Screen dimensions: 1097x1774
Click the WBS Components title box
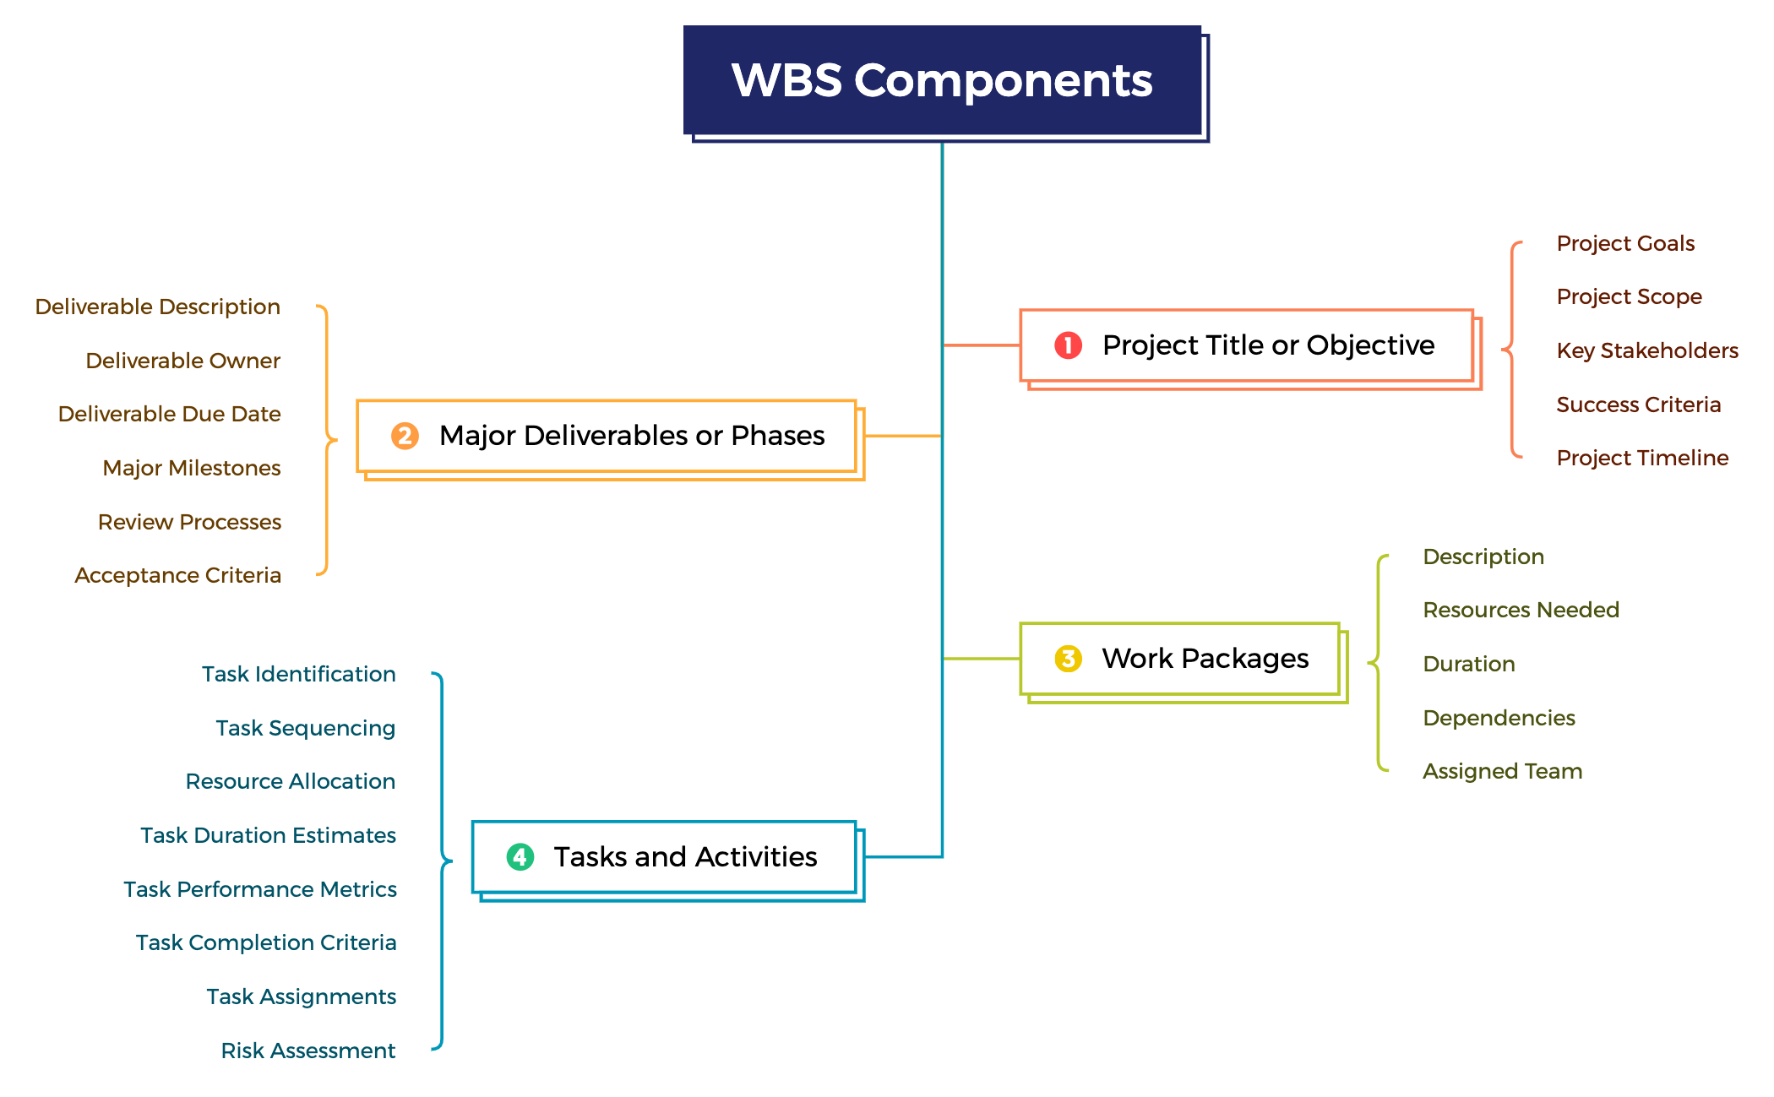pos(942,80)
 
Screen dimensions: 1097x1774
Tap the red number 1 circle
pos(1068,345)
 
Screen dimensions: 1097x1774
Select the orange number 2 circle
pos(405,436)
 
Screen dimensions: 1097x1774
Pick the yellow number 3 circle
pos(1068,659)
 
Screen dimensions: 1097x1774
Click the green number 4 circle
pos(520,857)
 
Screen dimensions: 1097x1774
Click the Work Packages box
pos(1181,659)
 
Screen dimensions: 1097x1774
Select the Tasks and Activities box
pos(665,857)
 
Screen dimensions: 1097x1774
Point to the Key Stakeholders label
pos(1646,350)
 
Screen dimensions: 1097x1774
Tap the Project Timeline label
pos(1641,458)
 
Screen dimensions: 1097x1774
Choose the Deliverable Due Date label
pos(169,414)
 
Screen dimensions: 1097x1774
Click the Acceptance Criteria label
pos(177,575)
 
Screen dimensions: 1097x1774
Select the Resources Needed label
pos(1521,610)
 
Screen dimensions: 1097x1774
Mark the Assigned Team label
pos(1502,771)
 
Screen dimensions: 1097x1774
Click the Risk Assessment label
pos(307,1051)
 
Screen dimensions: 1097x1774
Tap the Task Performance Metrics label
pos(259,889)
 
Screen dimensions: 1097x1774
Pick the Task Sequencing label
pos(305,728)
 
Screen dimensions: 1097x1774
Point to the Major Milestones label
pos(191,468)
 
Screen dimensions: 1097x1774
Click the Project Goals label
pos(1624,243)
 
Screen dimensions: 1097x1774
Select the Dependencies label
pos(1499,718)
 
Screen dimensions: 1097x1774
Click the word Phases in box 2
pos(777,436)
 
